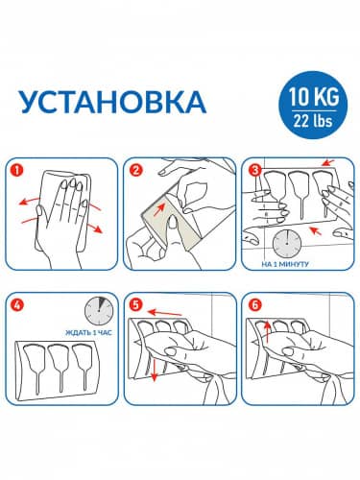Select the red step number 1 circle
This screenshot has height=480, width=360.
pyautogui.click(x=17, y=173)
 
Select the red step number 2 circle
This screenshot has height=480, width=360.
pyautogui.click(x=135, y=173)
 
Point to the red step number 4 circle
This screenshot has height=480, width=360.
pyautogui.click(x=17, y=308)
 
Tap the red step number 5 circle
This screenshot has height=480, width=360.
pyautogui.click(x=135, y=308)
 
